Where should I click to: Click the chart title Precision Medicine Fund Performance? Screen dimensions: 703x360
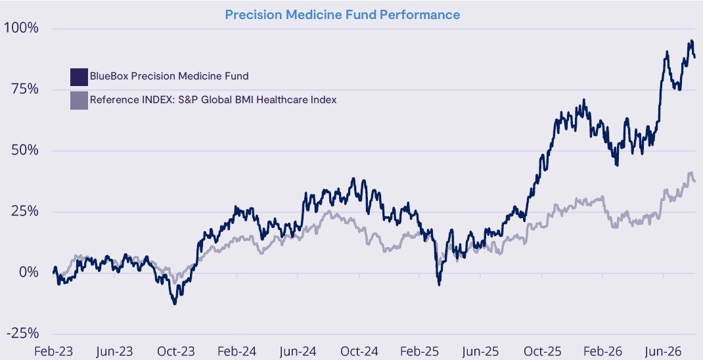point(342,15)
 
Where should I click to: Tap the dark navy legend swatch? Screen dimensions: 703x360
point(79,77)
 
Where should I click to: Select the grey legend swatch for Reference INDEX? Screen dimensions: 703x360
point(79,101)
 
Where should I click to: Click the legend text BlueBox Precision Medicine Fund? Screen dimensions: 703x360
point(170,76)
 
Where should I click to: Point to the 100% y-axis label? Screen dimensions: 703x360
point(21,28)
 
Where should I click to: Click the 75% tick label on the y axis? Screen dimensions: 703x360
point(25,89)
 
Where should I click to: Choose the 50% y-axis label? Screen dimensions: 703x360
point(25,150)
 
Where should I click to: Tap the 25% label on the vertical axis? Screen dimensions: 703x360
point(25,211)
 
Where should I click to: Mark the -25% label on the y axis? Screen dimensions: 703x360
point(22,333)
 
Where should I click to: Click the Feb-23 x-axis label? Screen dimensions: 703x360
point(53,351)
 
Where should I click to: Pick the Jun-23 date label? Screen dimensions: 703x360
point(115,351)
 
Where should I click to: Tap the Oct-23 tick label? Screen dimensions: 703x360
point(176,351)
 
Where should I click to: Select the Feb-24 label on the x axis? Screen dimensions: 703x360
point(237,351)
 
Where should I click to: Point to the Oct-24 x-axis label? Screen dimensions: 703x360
point(359,351)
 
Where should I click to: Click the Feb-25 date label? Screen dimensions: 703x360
point(420,351)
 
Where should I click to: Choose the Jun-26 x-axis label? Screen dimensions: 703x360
point(664,351)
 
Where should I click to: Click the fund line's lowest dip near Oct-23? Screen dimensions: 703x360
point(174,304)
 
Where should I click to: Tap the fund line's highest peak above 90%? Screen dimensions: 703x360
point(692,41)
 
